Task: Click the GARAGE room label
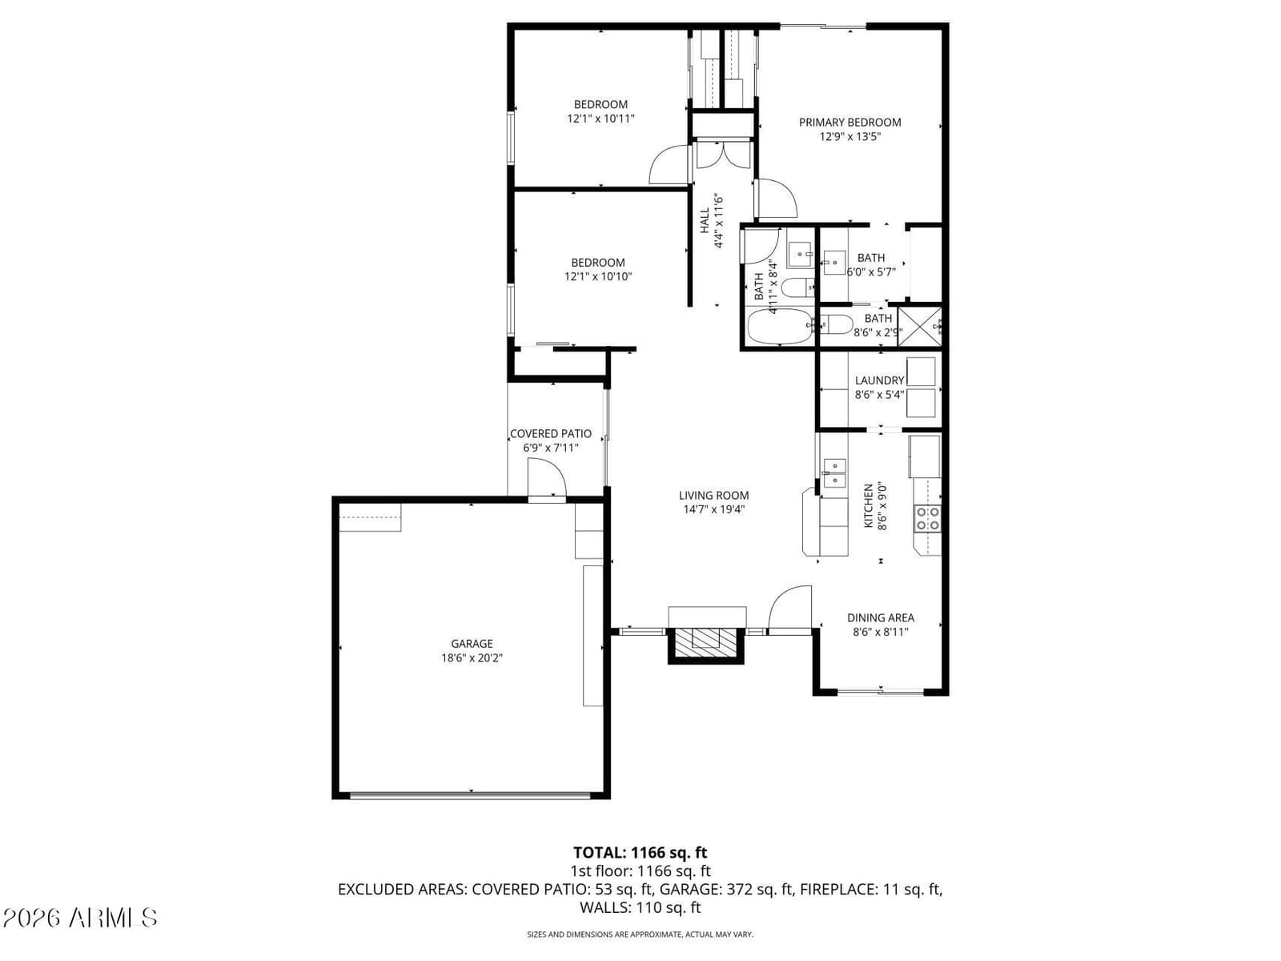[x=472, y=644]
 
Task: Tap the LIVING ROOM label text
[x=713, y=496]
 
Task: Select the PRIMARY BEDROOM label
[x=849, y=123]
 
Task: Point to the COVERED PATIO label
[x=550, y=433]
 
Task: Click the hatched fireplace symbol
[x=706, y=644]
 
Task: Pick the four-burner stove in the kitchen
[x=927, y=518]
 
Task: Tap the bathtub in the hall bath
[x=781, y=327]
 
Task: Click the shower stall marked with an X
[x=919, y=327]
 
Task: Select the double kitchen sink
[x=834, y=473]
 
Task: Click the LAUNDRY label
[x=879, y=380]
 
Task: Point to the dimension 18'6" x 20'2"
[x=472, y=658]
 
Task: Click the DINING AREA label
[x=881, y=617]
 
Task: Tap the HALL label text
[x=705, y=220]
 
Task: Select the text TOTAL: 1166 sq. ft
[x=640, y=852]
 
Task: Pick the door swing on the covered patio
[x=546, y=478]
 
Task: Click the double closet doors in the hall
[x=722, y=155]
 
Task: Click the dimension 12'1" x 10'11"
[x=600, y=119]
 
